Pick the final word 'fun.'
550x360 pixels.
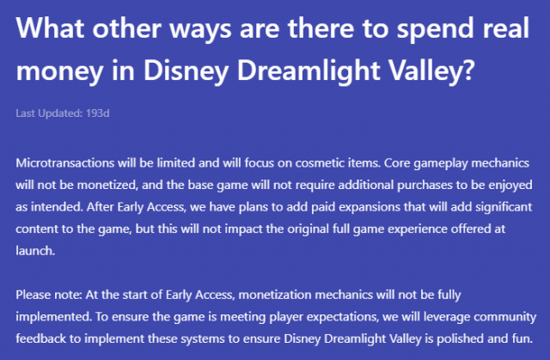tap(521, 340)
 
